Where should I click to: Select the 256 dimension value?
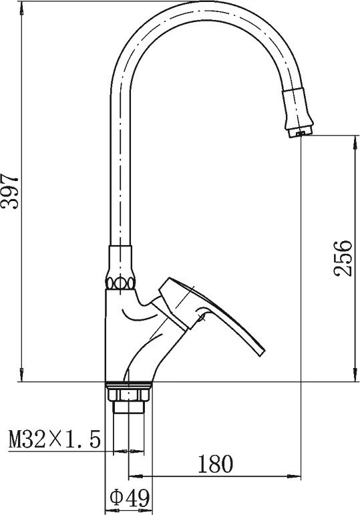pos(343,259)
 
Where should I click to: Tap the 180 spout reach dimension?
pos(215,464)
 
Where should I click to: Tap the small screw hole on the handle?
pos(201,317)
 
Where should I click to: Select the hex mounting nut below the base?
pos(128,393)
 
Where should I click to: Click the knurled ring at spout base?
pos(120,283)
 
